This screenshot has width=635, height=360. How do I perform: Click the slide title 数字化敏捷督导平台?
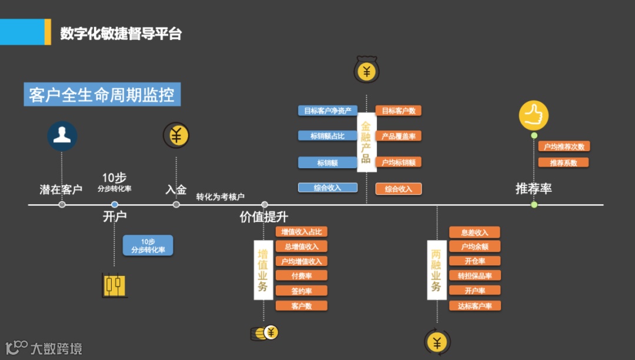[121, 34]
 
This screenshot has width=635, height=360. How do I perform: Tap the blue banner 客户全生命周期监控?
[102, 95]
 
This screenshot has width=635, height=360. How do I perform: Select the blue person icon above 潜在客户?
[62, 136]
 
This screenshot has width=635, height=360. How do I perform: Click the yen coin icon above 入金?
[176, 135]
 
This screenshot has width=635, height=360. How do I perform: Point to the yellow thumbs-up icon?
[533, 115]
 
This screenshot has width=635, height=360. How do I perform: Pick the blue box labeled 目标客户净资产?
[327, 111]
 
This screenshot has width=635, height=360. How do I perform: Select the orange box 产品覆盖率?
[399, 136]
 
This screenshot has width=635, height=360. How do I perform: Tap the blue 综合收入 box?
[327, 188]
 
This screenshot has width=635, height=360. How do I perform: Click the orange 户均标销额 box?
[399, 162]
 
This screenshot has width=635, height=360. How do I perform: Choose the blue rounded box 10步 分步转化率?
[148, 245]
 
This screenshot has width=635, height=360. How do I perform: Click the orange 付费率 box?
[301, 275]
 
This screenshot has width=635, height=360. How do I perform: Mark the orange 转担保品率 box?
[474, 275]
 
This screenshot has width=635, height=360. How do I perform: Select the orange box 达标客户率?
[474, 306]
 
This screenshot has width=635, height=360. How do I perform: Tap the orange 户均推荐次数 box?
[563, 146]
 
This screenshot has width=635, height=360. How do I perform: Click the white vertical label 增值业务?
[263, 270]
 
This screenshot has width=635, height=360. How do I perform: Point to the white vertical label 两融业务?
[436, 270]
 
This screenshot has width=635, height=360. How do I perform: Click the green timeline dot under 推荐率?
[534, 205]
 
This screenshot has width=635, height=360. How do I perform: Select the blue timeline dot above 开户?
[115, 205]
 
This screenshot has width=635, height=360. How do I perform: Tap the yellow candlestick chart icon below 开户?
[115, 285]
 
